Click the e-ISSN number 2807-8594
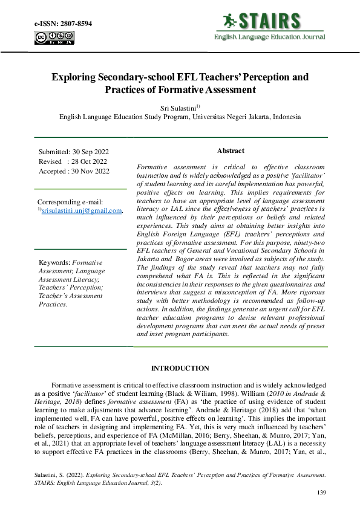tap(74, 23)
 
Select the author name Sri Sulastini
tap(177, 107)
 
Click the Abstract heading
tap(231, 151)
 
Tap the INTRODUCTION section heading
tap(180, 368)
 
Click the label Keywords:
tap(54, 262)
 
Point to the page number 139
tap(321, 493)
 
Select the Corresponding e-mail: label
tap(70, 201)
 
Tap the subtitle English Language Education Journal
tap(269, 37)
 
